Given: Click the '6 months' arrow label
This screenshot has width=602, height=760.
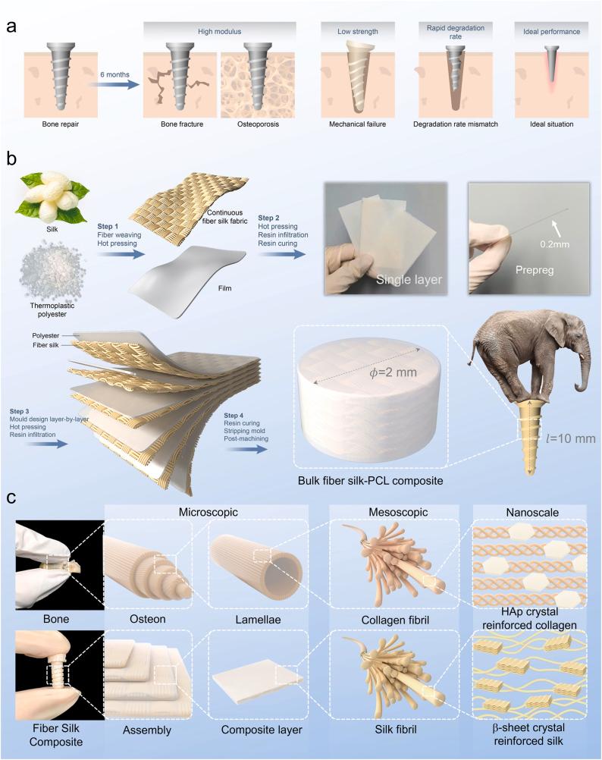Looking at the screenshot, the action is pyautogui.click(x=114, y=74).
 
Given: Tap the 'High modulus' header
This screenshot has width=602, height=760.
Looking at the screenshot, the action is pyautogui.click(x=219, y=32).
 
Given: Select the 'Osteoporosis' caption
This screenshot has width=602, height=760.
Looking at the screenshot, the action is pyautogui.click(x=258, y=124).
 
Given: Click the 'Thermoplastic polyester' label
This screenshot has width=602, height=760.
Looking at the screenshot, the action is pyautogui.click(x=52, y=310).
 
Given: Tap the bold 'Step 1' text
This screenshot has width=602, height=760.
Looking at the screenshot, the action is pyautogui.click(x=108, y=226).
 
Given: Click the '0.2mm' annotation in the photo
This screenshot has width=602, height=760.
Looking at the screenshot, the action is pyautogui.click(x=555, y=244).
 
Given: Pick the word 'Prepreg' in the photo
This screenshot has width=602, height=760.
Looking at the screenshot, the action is pyautogui.click(x=535, y=270).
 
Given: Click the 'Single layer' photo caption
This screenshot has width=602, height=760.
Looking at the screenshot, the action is pyautogui.click(x=409, y=280).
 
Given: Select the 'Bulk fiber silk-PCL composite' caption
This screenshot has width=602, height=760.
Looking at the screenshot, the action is pyautogui.click(x=371, y=481).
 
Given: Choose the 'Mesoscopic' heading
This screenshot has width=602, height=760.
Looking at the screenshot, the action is pyautogui.click(x=398, y=512).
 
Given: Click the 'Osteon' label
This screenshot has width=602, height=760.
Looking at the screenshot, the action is pyautogui.click(x=148, y=620).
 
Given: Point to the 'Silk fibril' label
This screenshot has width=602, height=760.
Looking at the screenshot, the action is pyautogui.click(x=395, y=730).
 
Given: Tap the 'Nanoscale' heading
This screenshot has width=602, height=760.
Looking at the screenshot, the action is pyautogui.click(x=532, y=512).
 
